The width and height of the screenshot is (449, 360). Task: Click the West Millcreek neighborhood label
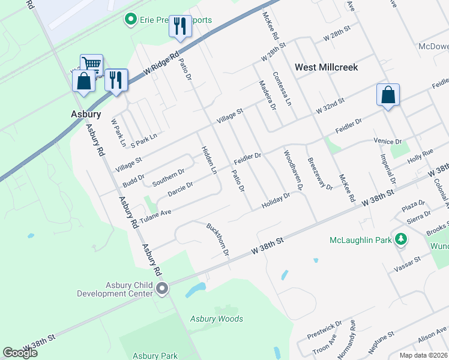[326, 67]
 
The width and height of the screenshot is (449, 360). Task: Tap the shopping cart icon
[91, 64]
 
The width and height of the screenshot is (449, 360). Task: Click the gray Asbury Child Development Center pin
[162, 289]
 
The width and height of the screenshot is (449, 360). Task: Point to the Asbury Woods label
[217, 319]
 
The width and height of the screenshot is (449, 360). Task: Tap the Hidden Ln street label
[208, 160]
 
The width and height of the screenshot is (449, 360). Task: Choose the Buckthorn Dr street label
[218, 239]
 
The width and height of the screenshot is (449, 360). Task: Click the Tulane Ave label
[155, 216]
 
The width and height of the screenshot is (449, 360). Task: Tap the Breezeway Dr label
[319, 173]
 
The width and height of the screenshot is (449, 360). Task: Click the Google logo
[20, 353]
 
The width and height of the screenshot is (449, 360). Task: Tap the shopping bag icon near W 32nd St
[388, 95]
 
